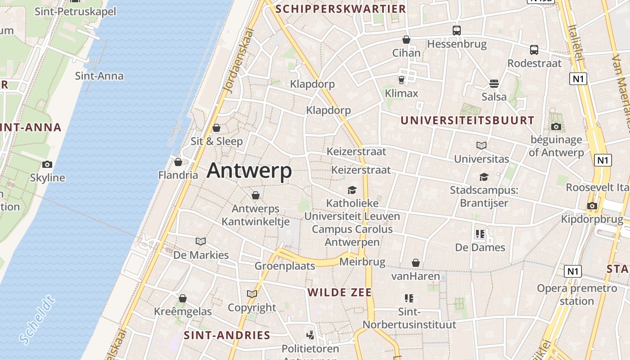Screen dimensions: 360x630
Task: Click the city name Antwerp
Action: (x=249, y=171)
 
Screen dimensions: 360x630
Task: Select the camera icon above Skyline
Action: (x=47, y=164)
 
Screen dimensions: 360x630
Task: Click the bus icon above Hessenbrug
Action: (x=457, y=31)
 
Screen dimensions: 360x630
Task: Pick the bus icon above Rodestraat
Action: (x=534, y=50)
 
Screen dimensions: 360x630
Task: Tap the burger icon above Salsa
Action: (x=494, y=84)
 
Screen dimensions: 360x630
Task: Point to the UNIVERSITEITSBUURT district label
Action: (x=467, y=121)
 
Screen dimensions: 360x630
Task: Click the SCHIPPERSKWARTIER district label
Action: (x=341, y=9)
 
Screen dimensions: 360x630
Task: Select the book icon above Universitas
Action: (x=481, y=145)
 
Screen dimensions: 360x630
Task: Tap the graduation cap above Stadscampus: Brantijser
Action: (x=484, y=177)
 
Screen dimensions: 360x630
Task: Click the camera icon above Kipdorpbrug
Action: (x=592, y=206)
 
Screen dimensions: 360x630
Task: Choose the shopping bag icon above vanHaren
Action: (x=415, y=263)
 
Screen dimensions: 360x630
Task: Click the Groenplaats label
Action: (x=285, y=266)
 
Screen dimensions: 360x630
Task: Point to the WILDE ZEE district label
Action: (x=340, y=292)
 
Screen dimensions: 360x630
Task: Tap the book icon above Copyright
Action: (x=252, y=294)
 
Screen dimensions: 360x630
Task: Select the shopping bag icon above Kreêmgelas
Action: (x=183, y=298)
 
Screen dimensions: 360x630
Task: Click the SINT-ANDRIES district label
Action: (x=227, y=335)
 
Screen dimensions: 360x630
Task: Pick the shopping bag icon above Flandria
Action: (x=178, y=162)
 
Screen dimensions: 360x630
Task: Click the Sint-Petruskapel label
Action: (x=75, y=11)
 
